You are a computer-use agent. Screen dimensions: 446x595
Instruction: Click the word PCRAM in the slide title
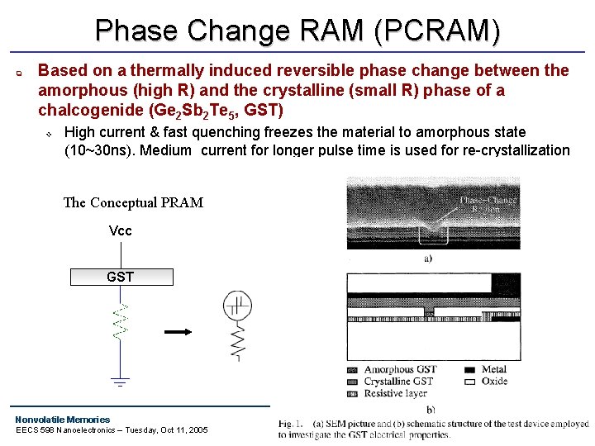tap(436, 31)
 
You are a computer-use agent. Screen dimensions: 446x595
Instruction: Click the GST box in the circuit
tap(121, 277)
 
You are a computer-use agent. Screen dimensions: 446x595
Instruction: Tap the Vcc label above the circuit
tap(121, 230)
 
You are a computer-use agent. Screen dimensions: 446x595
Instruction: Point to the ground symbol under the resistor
tap(121, 382)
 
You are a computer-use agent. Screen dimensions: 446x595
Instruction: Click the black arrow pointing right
tap(178, 332)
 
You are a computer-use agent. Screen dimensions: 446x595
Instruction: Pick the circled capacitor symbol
tap(236, 306)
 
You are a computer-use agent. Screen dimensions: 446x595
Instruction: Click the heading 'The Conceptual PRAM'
tap(133, 202)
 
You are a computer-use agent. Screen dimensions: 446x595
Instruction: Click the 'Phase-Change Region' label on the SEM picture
tap(488, 204)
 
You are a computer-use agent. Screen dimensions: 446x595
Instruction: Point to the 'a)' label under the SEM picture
tap(428, 258)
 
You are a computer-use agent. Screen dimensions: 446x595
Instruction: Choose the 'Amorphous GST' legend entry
tap(400, 370)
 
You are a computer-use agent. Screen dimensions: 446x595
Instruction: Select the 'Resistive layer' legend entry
tap(395, 393)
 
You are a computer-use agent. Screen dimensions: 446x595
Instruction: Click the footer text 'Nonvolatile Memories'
tap(62, 420)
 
